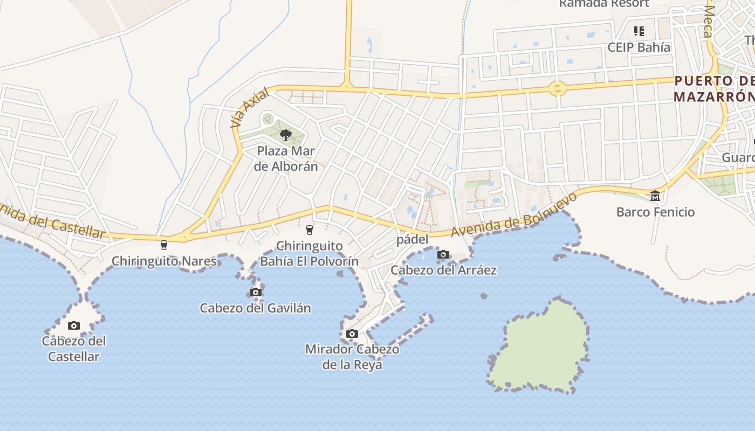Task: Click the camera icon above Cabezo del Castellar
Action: click(x=74, y=325)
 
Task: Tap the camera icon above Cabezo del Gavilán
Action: click(x=256, y=293)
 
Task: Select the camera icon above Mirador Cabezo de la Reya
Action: click(x=352, y=334)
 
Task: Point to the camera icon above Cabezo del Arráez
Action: click(x=443, y=254)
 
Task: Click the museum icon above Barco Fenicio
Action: click(x=655, y=196)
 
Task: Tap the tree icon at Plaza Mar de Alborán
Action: click(x=286, y=135)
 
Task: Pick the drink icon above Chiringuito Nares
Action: click(x=164, y=245)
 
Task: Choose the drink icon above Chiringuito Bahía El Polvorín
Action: click(x=309, y=230)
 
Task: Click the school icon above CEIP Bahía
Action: click(x=639, y=31)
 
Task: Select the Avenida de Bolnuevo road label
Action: click(x=514, y=215)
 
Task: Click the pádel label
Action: click(x=413, y=240)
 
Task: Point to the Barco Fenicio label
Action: click(x=655, y=212)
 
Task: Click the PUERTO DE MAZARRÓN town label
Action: click(x=715, y=89)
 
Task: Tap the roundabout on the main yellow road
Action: click(x=557, y=88)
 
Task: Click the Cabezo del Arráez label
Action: click(x=443, y=270)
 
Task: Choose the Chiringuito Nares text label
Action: click(x=164, y=262)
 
